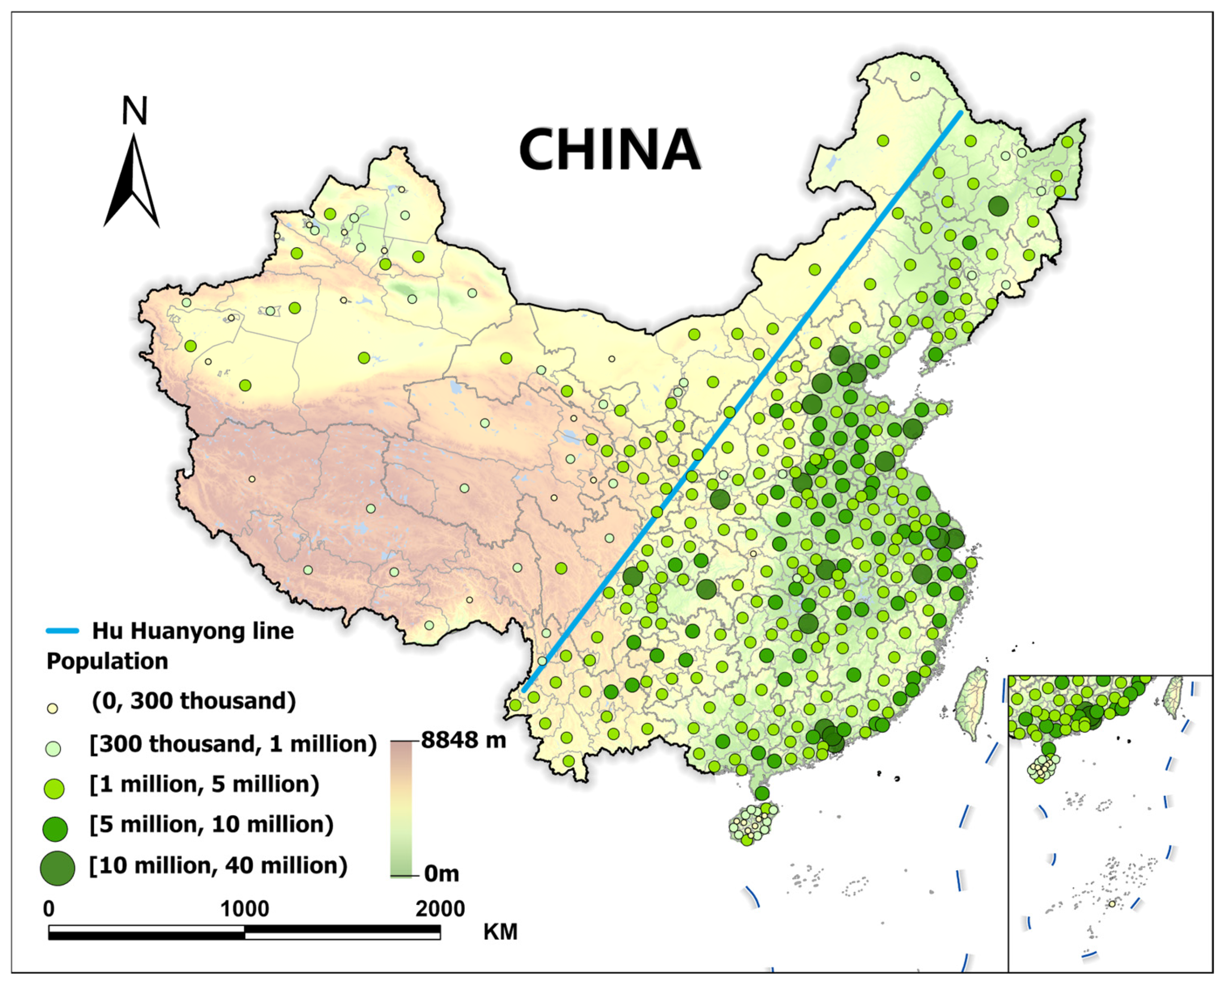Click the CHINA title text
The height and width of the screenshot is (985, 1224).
click(x=609, y=149)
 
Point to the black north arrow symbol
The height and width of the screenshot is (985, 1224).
click(x=132, y=182)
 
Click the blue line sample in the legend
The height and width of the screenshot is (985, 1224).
click(x=62, y=631)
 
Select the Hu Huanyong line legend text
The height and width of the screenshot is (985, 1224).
click(x=193, y=631)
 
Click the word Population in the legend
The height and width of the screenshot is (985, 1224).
click(x=107, y=661)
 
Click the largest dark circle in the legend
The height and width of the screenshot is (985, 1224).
click(x=57, y=868)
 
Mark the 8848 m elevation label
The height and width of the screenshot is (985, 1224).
click(x=463, y=740)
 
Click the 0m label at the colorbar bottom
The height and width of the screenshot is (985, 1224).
click(x=441, y=874)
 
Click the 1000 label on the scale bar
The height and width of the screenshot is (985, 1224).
click(x=244, y=909)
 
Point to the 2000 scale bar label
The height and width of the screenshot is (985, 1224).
click(x=440, y=909)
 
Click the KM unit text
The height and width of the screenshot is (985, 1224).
click(x=500, y=932)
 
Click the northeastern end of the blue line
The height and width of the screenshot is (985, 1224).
click(x=960, y=113)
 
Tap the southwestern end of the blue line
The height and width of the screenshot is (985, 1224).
click(x=525, y=690)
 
